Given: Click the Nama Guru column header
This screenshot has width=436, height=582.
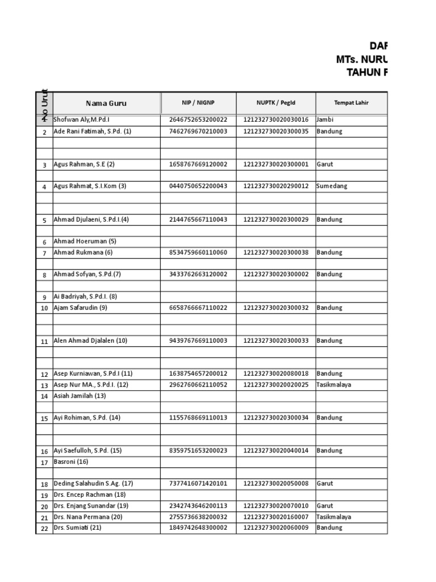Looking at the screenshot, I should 106,103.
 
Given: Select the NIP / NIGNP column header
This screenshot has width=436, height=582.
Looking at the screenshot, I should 198,103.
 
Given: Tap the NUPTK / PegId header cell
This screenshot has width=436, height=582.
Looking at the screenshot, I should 275,103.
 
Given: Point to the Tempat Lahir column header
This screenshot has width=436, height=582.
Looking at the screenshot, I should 351,103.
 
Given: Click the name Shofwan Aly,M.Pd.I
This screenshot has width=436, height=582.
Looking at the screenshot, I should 82,120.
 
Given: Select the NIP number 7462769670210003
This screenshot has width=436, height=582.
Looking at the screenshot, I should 198,131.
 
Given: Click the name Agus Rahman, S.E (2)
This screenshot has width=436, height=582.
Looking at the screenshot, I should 84,164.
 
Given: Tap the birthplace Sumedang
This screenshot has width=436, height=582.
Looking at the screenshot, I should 332,186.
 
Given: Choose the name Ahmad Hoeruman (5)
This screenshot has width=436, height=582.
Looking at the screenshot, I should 85,241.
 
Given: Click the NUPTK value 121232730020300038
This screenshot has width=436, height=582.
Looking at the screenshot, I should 276,252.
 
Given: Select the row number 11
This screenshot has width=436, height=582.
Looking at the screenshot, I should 44,341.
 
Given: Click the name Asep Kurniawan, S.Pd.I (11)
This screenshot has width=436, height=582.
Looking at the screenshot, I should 93,374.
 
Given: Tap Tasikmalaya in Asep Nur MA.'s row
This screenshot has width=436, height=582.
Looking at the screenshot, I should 334,385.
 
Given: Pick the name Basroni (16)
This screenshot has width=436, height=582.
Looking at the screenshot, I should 71,462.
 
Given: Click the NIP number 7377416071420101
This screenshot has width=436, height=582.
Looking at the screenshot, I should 198,484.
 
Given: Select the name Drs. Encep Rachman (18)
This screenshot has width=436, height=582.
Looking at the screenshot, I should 89,494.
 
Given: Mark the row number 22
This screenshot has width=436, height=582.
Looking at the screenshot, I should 44,528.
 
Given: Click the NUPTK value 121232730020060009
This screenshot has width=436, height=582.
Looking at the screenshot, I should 276,527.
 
